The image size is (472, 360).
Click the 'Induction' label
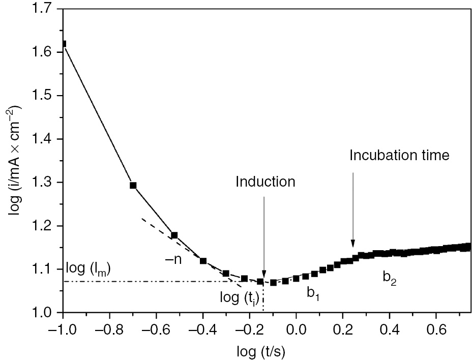(265, 182)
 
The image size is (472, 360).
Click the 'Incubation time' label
(399, 156)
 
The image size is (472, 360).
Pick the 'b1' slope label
(313, 292)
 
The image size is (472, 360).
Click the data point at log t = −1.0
(63, 44)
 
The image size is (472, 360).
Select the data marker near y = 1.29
(133, 186)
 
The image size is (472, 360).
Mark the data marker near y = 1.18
(174, 235)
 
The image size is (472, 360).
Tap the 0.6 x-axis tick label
(435, 328)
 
